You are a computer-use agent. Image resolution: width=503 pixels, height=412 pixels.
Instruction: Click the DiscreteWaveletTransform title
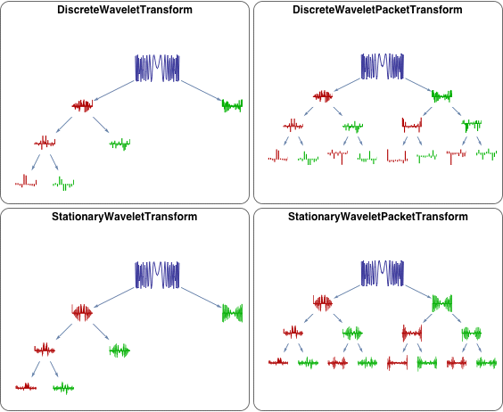(125, 10)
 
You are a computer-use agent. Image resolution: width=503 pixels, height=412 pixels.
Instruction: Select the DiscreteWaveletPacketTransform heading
(377, 10)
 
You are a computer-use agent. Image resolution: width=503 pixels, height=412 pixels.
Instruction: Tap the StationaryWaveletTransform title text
(125, 217)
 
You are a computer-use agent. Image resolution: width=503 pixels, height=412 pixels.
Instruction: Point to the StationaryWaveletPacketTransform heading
(378, 217)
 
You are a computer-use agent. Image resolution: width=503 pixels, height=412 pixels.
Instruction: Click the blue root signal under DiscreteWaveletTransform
(157, 68)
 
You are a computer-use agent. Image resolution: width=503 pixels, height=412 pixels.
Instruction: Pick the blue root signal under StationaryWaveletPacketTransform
(383, 273)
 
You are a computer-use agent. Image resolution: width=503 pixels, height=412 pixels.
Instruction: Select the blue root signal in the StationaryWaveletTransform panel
(157, 275)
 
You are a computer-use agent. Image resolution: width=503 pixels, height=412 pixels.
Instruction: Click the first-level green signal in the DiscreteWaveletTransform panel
(232, 105)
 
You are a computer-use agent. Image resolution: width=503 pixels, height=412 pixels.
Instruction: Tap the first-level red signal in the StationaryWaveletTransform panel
(82, 313)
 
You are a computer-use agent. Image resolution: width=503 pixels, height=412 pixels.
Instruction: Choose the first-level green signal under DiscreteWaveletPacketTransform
(441, 95)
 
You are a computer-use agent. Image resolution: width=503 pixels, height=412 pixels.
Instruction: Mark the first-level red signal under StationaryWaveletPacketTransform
(323, 303)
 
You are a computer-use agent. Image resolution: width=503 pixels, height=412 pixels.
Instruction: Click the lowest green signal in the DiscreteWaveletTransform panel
(63, 184)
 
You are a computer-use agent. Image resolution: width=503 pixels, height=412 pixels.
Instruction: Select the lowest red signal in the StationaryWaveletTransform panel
(26, 387)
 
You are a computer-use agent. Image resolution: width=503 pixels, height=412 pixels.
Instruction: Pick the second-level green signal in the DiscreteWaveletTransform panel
(120, 144)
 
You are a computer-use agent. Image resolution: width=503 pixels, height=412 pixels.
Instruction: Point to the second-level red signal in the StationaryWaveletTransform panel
(45, 350)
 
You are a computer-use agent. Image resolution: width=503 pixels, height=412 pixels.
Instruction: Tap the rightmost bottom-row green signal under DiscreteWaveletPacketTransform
(487, 154)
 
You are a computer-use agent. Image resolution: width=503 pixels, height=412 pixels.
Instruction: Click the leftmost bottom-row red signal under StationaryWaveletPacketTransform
(278, 362)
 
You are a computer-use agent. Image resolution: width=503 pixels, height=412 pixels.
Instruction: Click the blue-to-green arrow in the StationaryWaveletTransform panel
(202, 298)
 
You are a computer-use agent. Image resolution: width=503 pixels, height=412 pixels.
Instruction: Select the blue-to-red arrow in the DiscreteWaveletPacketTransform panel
(347, 85)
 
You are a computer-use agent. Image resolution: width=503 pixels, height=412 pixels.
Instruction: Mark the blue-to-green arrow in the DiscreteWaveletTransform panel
(202, 91)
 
